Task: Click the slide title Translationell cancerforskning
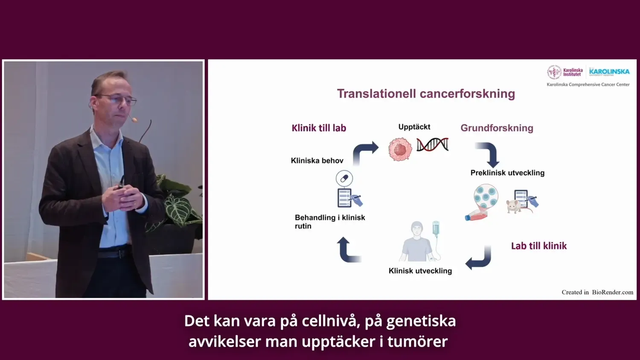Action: [x=426, y=94]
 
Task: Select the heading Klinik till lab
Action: [x=319, y=128]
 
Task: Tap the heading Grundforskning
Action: [x=497, y=128]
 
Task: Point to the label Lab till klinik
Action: [x=538, y=246]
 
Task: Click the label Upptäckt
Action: [x=414, y=127]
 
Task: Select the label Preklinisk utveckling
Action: [x=507, y=173]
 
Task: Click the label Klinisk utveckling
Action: [x=420, y=271]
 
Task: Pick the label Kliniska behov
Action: [x=317, y=161]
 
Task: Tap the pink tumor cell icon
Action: [x=400, y=149]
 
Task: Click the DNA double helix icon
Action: [x=433, y=145]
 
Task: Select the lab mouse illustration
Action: [x=515, y=206]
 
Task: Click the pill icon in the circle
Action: [x=344, y=178]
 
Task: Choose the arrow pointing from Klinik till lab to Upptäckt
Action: [x=365, y=151]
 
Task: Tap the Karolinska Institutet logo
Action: [x=565, y=72]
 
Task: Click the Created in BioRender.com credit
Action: [x=597, y=292]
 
